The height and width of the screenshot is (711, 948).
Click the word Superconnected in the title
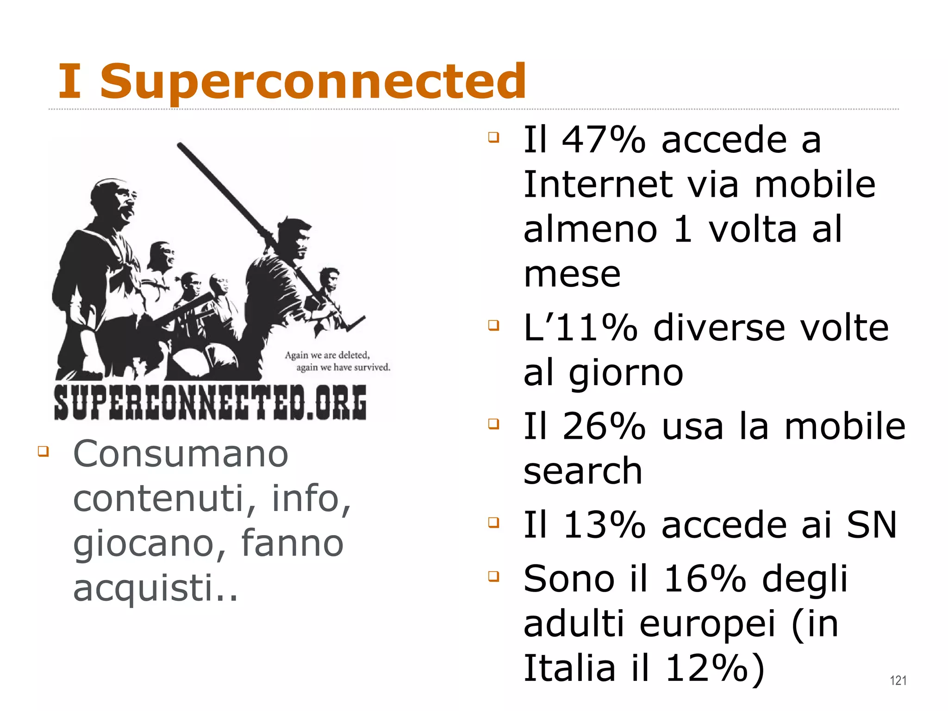pyautogui.click(x=313, y=81)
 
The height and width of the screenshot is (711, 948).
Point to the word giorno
pyautogui.click(x=626, y=373)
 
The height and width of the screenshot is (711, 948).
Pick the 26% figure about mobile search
pyautogui.click(x=604, y=426)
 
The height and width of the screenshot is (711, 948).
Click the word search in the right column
pyautogui.click(x=582, y=471)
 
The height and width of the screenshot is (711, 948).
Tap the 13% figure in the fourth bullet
pyautogui.click(x=604, y=525)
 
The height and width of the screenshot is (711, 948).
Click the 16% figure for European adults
pyautogui.click(x=705, y=579)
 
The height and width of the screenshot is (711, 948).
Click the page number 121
pyautogui.click(x=898, y=680)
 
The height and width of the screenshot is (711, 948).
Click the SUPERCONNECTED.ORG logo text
pyautogui.click(x=211, y=402)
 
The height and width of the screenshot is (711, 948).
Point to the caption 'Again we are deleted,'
pyautogui.click(x=327, y=355)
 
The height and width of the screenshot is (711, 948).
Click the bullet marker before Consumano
pyautogui.click(x=44, y=451)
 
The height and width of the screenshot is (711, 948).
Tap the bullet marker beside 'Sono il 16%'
pyautogui.click(x=494, y=576)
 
